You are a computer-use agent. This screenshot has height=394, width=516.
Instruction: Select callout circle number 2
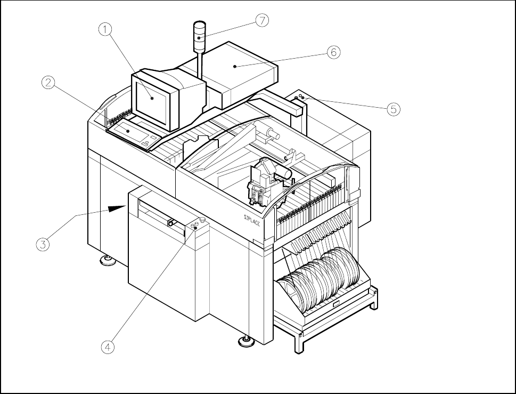(x=48, y=83)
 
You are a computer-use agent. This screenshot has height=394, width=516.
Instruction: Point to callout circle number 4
(x=108, y=347)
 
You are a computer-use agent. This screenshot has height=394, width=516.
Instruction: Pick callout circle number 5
(x=392, y=109)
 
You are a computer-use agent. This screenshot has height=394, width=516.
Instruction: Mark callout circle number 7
(x=262, y=20)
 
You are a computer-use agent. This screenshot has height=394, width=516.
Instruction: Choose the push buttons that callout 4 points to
(x=198, y=224)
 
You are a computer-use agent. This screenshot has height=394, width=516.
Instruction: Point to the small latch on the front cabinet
(x=171, y=222)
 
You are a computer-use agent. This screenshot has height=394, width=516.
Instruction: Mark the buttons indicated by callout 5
(x=301, y=98)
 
